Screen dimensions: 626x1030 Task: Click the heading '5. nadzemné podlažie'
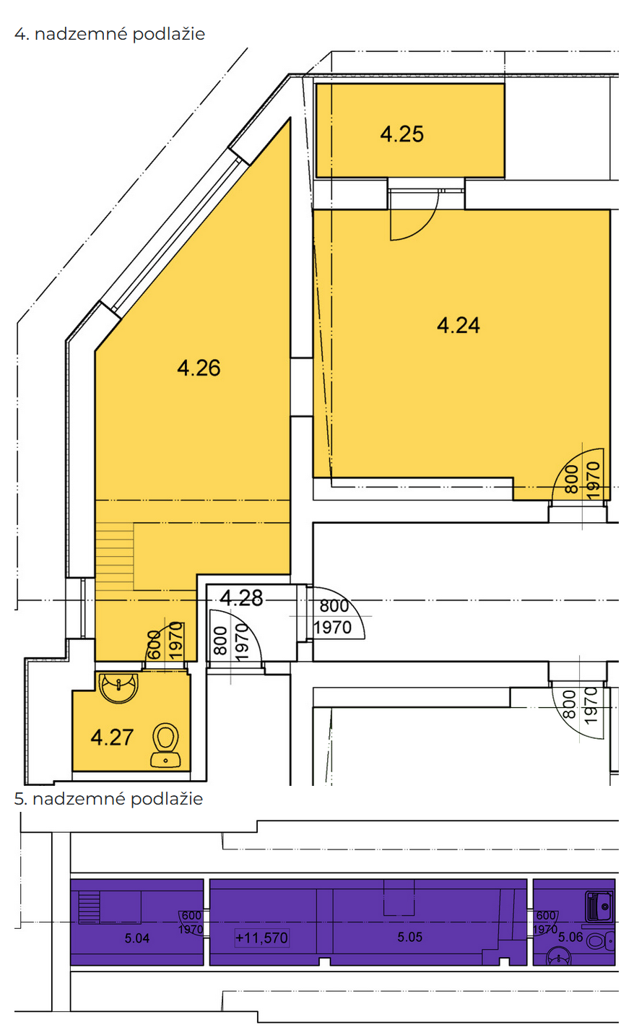pos(108,799)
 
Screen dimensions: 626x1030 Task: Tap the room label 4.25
pos(401,134)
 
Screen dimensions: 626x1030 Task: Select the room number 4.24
pos(458,326)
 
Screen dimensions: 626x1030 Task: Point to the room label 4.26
pos(199,368)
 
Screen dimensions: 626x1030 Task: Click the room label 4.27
pos(112,737)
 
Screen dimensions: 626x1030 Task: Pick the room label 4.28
pos(241,598)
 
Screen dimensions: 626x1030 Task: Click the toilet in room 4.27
pos(165,745)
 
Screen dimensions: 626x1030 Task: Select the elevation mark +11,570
pos(261,937)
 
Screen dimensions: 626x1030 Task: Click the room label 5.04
pos(137,938)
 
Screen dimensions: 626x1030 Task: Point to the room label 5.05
pos(409,937)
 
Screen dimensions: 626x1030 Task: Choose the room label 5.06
pos(570,937)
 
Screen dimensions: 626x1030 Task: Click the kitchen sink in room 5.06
pos(599,907)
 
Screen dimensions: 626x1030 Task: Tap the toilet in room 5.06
pos(601,940)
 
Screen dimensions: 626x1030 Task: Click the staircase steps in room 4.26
pos(115,557)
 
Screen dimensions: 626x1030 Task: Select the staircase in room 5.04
pos(89,907)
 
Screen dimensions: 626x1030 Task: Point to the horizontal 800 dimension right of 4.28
pos(334,605)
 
